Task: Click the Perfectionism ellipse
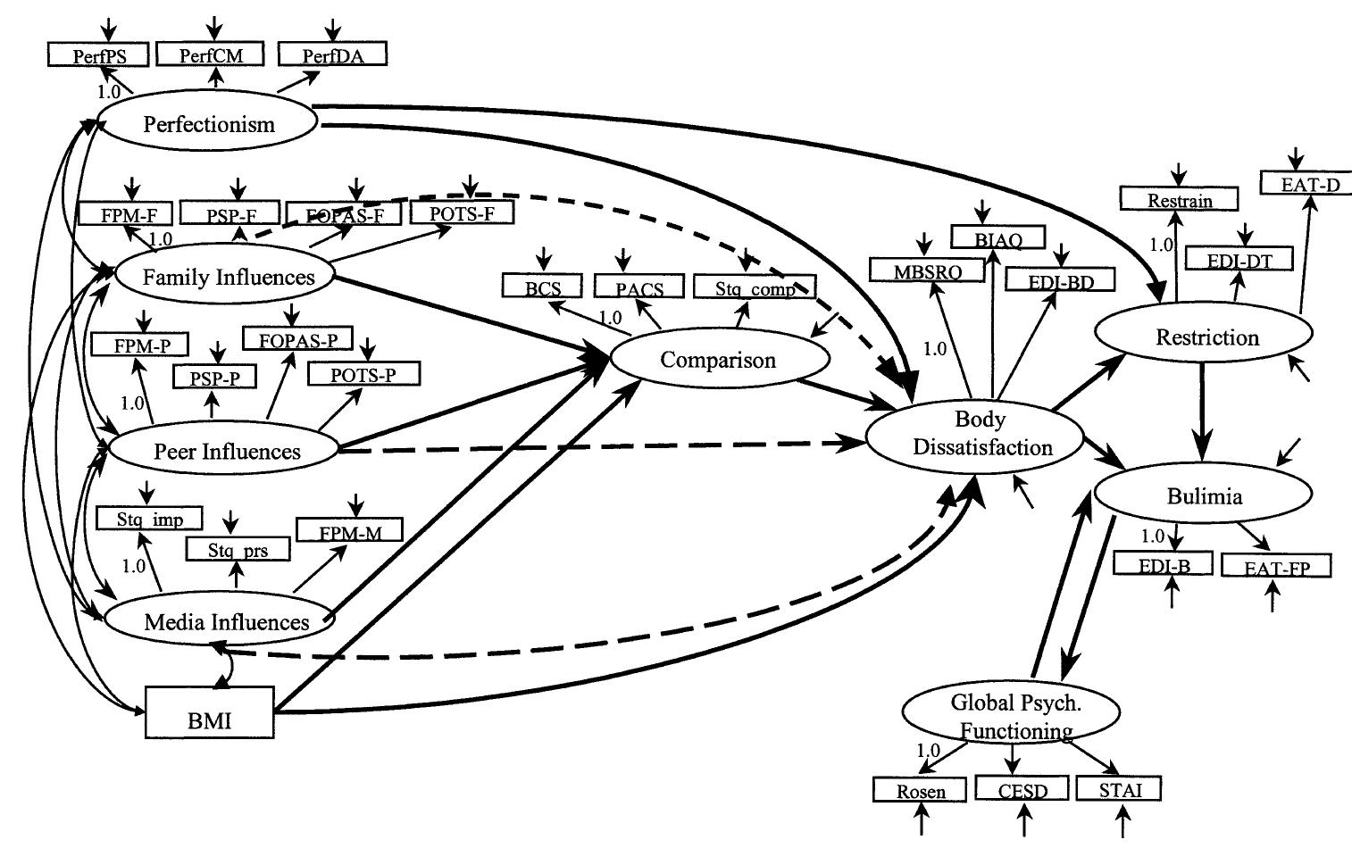point(208,123)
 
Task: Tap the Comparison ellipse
point(719,359)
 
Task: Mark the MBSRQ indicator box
point(928,271)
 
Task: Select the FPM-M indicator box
point(349,531)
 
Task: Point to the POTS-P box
point(363,374)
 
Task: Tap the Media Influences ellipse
point(221,621)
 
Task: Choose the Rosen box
point(920,790)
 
